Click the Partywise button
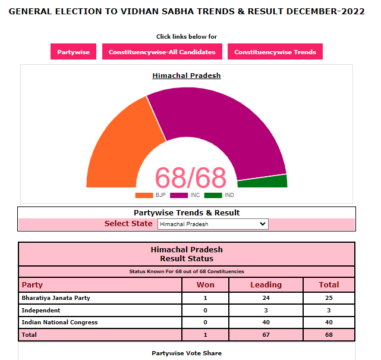[x=73, y=52]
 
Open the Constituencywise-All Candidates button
[x=162, y=52]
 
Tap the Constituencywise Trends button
[x=275, y=52]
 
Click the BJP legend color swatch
[x=144, y=195]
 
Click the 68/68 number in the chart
[x=191, y=177]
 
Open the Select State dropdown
[x=213, y=224]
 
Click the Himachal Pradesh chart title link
[x=187, y=76]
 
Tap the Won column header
[x=205, y=285]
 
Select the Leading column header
[x=266, y=285]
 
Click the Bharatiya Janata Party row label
[x=56, y=298]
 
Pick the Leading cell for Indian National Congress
[x=266, y=323]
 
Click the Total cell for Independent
[x=329, y=310]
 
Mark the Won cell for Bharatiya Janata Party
[x=205, y=298]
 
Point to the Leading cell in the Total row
[x=266, y=334]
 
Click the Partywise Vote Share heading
[x=187, y=353]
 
